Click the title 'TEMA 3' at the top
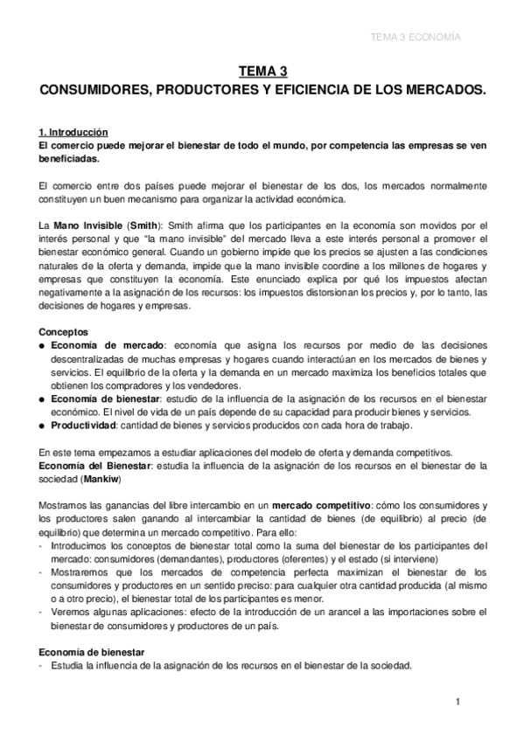(x=262, y=73)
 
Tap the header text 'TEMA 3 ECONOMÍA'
(x=416, y=38)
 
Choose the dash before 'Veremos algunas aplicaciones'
(x=44, y=612)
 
